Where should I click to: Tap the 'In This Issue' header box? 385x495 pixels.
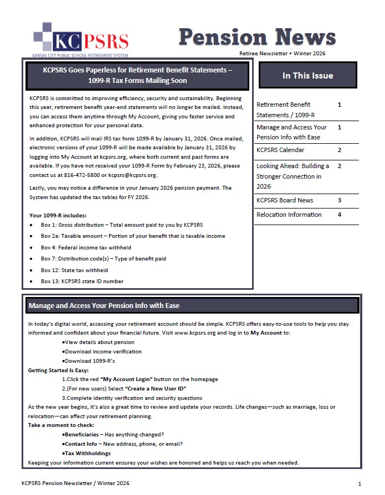[x=307, y=75]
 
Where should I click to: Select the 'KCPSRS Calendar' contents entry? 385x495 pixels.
[x=280, y=150]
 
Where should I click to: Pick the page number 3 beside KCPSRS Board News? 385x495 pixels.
[x=339, y=200]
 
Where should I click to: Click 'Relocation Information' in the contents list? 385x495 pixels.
[x=289, y=215]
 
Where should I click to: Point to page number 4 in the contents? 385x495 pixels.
[x=339, y=215]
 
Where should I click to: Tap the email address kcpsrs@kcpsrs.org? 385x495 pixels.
[x=133, y=175]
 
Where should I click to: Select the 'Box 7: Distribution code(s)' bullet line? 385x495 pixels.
[x=103, y=258]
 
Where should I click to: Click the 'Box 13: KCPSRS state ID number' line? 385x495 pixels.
[x=82, y=281]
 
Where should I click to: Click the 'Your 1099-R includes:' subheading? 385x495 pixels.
[x=58, y=215]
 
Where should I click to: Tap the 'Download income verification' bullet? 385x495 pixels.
[x=100, y=351]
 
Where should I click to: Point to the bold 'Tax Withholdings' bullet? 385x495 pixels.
[x=88, y=453]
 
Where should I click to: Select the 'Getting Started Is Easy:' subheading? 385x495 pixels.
[x=58, y=370]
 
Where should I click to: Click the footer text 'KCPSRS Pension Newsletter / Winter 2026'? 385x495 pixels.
[x=75, y=483]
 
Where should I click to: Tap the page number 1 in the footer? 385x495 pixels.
[x=360, y=483]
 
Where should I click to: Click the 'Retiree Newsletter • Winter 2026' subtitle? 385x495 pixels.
[x=282, y=54]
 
